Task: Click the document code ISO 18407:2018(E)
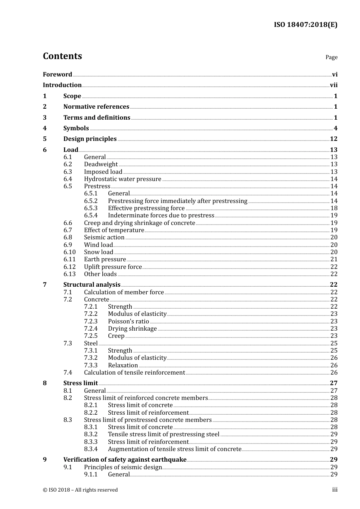(x=305, y=25)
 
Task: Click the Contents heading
(x=62, y=56)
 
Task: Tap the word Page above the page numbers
(x=331, y=57)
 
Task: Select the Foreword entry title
(x=57, y=75)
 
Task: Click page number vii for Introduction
(x=333, y=85)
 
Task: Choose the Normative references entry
(x=96, y=107)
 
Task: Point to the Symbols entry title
(x=76, y=128)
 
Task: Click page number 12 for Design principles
(x=333, y=139)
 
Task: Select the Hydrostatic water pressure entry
(x=122, y=179)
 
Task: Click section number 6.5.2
(x=91, y=201)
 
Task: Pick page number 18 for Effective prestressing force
(x=334, y=208)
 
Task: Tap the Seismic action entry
(x=104, y=237)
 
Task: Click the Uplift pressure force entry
(x=113, y=267)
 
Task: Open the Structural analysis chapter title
(x=92, y=285)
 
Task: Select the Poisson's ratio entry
(x=128, y=322)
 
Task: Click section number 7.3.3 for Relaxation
(x=91, y=365)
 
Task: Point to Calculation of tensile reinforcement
(x=135, y=373)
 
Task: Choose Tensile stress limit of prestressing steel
(x=164, y=434)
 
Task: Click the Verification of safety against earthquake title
(x=125, y=460)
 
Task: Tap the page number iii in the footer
(x=335, y=490)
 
